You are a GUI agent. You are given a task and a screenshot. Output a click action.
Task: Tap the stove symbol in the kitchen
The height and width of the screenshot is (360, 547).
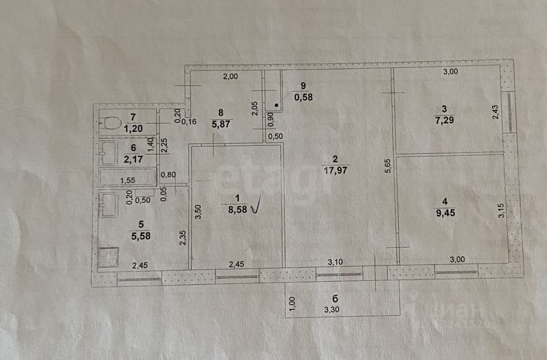click(108, 257)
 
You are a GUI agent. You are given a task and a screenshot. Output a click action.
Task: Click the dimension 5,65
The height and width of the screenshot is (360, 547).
click(388, 165)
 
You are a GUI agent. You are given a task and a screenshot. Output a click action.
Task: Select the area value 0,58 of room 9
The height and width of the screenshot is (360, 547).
click(303, 97)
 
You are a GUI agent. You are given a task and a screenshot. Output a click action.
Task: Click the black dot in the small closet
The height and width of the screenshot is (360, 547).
click(276, 105)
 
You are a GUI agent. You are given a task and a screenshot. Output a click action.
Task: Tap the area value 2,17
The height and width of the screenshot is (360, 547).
click(134, 159)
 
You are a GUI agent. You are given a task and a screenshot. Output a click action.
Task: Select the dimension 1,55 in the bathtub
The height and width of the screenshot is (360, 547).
click(127, 180)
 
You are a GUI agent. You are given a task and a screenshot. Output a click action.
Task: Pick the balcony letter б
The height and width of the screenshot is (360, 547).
click(335, 298)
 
